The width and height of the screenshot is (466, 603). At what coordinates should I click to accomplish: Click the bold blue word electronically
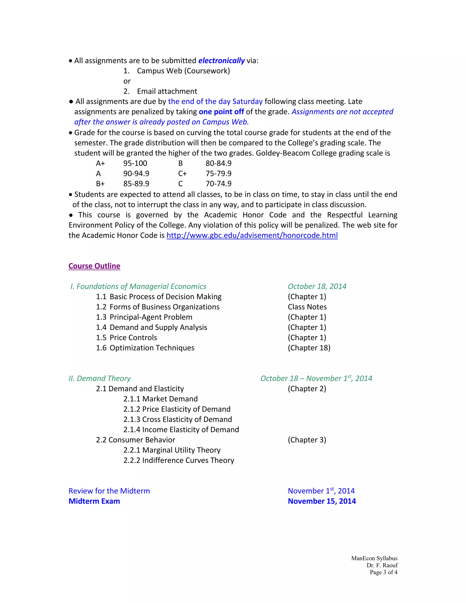(221, 61)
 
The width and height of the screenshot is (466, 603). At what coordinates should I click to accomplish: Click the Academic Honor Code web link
(252, 236)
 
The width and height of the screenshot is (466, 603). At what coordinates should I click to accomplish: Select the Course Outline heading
(94, 266)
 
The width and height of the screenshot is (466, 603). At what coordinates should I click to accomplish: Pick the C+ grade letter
(182, 174)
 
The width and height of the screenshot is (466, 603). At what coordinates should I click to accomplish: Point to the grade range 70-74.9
(218, 184)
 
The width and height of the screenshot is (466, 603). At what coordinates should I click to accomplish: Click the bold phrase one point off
(221, 112)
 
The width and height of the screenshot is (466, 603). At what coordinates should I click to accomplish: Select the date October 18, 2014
(317, 286)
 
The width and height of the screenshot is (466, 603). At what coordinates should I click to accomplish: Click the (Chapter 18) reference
(309, 348)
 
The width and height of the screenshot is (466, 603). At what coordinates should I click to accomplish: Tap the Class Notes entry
(307, 307)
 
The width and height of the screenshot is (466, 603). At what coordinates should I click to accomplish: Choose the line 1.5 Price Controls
(127, 338)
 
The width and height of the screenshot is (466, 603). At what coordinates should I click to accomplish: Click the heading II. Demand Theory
(100, 379)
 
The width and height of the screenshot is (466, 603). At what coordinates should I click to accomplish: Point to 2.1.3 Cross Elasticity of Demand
(177, 419)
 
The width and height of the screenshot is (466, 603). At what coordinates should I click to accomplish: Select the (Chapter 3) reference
(307, 440)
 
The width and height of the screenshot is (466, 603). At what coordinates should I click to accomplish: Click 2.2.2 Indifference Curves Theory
(179, 460)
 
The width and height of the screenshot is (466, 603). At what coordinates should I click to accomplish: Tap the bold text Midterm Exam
(94, 501)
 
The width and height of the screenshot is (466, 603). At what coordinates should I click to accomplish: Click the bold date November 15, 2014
(322, 501)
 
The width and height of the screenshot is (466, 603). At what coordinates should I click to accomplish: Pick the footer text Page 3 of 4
(383, 572)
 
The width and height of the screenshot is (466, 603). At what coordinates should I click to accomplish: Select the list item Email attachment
(167, 91)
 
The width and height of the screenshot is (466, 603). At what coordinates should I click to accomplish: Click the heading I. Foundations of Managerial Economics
(138, 286)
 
